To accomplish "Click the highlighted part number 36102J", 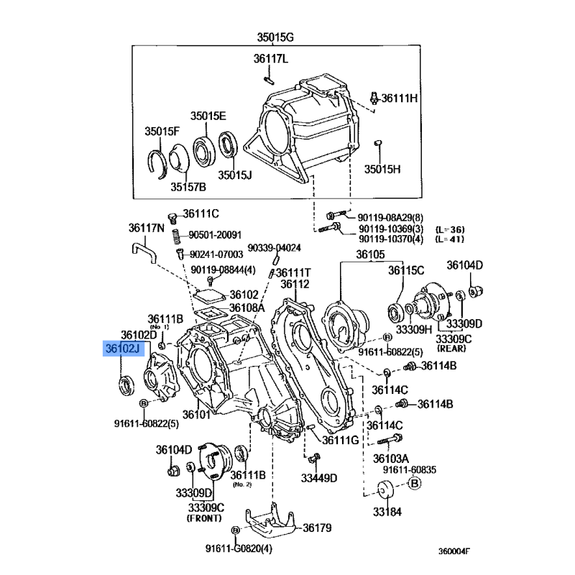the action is tap(122, 349).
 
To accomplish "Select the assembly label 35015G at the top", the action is tap(275, 37).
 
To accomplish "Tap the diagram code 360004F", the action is tap(454, 551).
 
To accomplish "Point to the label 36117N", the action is tap(147, 228).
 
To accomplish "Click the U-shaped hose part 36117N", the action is tap(144, 250).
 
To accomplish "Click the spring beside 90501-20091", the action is tap(177, 236).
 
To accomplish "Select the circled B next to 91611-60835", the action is tap(415, 483).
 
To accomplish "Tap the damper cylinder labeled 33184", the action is tap(385, 489).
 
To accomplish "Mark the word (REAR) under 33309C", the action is tap(451, 348).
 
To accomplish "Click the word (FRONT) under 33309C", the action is tap(204, 518).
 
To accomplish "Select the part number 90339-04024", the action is tap(275, 248).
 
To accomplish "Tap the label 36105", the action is tap(370, 254).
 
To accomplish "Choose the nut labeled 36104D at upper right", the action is tap(477, 291).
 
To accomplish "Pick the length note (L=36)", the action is tap(450, 229).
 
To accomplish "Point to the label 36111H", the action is tap(400, 98).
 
